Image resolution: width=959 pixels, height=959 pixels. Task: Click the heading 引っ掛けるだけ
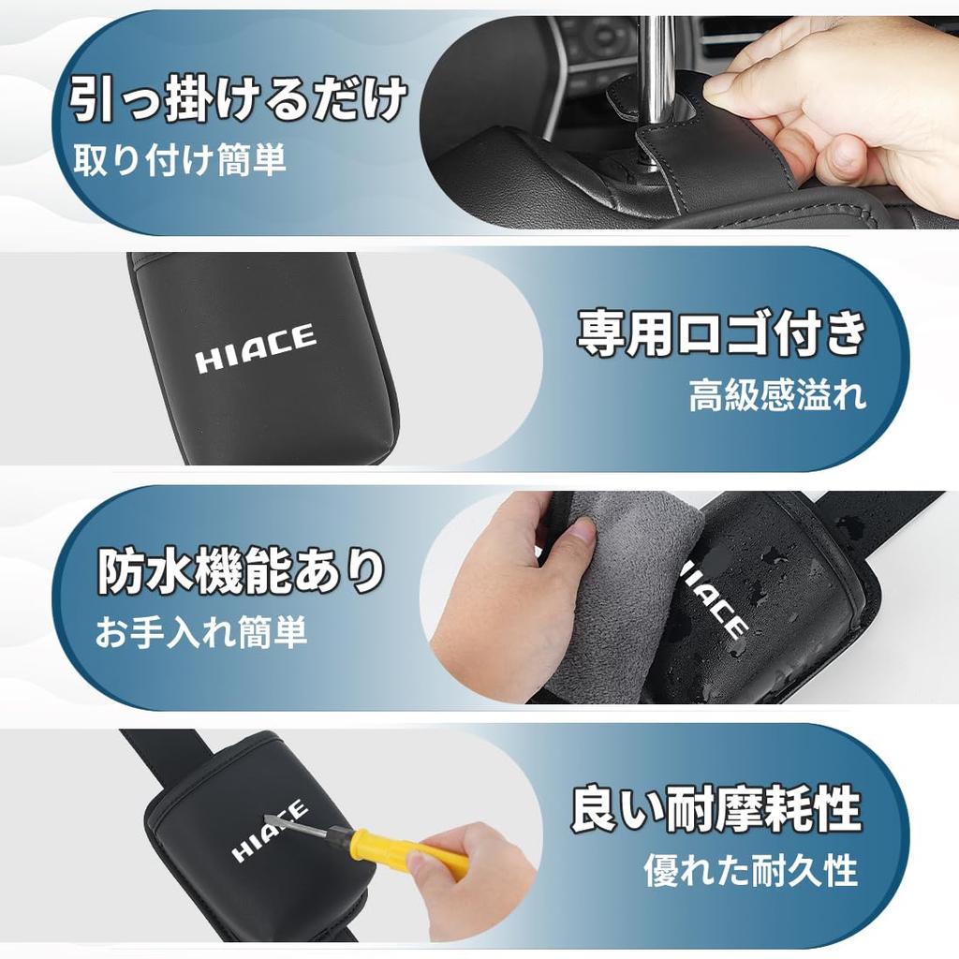click(x=238, y=100)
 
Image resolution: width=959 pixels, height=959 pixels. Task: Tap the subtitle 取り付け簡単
click(x=180, y=161)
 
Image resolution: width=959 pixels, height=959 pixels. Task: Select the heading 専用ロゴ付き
click(x=719, y=334)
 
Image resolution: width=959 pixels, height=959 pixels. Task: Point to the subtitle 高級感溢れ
click(x=777, y=395)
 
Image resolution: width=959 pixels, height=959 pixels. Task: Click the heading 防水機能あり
click(x=242, y=572)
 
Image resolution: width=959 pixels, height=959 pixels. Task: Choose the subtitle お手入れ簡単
click(x=200, y=633)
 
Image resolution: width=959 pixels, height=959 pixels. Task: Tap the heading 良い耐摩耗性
click(x=716, y=810)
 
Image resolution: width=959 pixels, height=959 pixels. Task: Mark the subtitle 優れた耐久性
click(x=750, y=871)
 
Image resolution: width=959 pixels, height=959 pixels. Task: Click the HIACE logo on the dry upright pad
click(x=255, y=349)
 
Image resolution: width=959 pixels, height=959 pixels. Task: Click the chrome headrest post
click(x=657, y=66)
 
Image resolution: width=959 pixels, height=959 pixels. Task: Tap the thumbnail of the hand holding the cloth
click(x=580, y=532)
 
